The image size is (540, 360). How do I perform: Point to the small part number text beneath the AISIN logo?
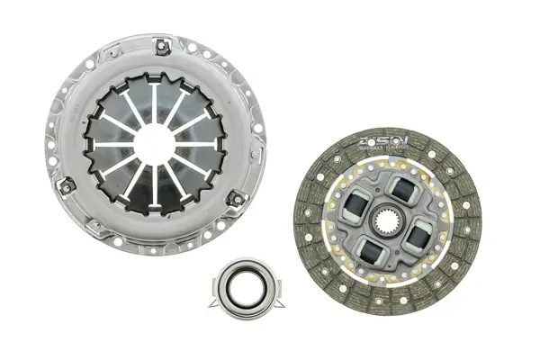(x=386, y=152)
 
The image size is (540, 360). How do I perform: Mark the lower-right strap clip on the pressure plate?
(x=236, y=197)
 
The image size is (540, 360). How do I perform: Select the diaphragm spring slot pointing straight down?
(x=155, y=180)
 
